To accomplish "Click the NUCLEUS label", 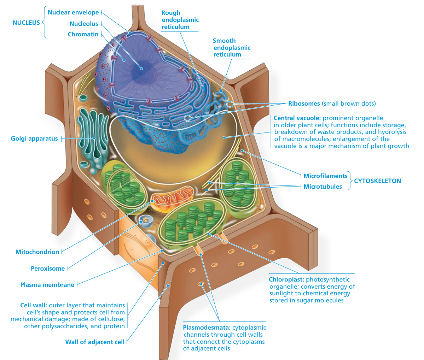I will [26, 23].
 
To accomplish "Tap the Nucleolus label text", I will [84, 24].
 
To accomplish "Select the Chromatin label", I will [83, 34].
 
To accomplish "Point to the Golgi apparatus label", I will [34, 138].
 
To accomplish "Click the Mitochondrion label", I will [37, 252].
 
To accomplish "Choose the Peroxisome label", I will [48, 268].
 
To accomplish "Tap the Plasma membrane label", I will [47, 285].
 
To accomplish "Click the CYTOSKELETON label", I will [377, 181].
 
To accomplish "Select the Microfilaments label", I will [325, 176].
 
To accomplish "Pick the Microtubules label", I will [323, 187].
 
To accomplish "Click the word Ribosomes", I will [304, 104].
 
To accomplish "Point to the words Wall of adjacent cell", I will [95, 342].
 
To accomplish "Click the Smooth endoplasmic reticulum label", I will [231, 48].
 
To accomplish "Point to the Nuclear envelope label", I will [73, 12].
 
